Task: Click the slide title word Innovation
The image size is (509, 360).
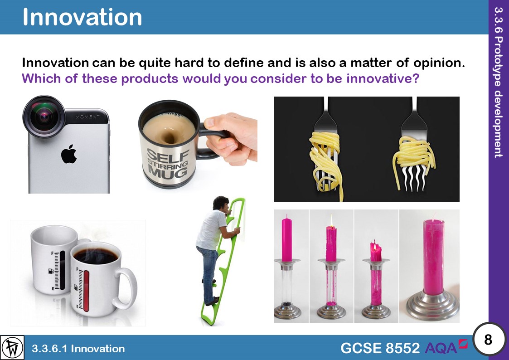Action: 82,17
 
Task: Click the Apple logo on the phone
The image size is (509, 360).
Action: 69,156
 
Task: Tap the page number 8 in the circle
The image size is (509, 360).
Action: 488,339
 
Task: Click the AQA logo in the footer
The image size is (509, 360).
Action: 446,347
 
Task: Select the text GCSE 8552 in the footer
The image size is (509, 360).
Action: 380,348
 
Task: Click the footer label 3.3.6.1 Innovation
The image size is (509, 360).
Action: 78,348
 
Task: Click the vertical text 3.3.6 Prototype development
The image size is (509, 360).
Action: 499,82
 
